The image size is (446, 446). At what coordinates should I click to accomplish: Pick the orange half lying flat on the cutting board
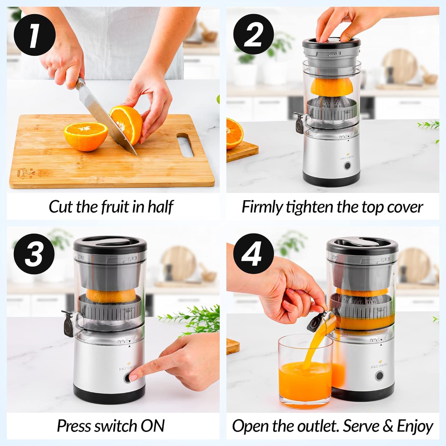(86, 136)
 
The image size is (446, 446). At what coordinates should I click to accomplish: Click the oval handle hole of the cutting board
(185, 145)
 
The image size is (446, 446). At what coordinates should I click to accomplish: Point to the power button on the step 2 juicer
(347, 166)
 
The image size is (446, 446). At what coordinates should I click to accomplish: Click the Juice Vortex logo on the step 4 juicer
(379, 365)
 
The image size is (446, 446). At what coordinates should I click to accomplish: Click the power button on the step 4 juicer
(379, 376)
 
